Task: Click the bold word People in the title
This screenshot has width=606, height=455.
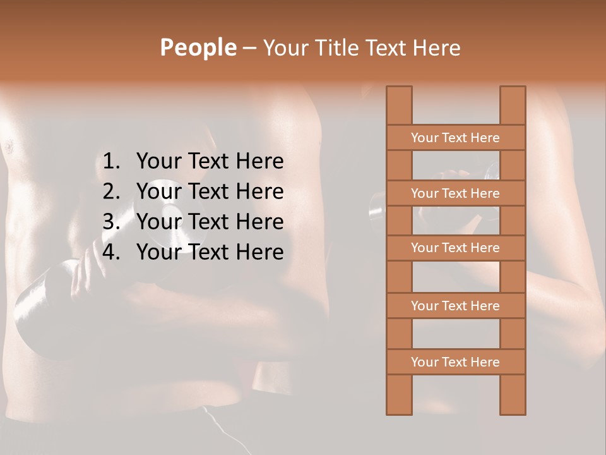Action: point(198,47)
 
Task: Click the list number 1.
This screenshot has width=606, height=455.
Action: point(110,161)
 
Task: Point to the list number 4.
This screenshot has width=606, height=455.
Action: point(110,252)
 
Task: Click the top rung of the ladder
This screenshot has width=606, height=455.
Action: point(455,138)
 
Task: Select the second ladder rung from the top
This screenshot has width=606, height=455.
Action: point(455,193)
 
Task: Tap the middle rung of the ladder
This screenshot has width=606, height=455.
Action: point(455,248)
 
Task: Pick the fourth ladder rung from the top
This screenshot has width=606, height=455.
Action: point(455,306)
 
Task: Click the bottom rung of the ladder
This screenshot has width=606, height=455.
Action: point(455,362)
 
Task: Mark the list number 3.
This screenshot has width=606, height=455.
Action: point(110,222)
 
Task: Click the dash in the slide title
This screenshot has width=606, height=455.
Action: point(249,48)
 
